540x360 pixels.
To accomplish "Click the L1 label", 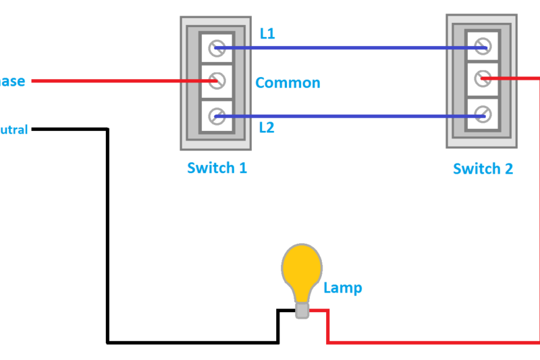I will coord(268,33).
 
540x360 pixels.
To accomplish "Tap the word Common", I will coord(288,83).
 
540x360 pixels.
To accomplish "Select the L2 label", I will coord(267,127).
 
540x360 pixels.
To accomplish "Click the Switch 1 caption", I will coord(217,168).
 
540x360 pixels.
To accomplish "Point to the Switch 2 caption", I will coord(483,169).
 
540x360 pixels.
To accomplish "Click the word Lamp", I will coord(343,288).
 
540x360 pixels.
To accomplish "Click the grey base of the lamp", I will coord(302,310).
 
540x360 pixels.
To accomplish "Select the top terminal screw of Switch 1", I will coord(217,48).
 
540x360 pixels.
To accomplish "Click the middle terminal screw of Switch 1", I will coord(217,81).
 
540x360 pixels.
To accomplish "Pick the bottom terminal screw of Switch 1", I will coord(217,116).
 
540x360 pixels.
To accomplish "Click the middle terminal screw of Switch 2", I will coord(482,79).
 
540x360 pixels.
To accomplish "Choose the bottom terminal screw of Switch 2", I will coord(482,115).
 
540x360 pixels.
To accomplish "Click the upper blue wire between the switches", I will coord(351,48).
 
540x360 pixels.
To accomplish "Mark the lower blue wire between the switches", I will coord(351,116).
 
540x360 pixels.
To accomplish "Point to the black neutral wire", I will coord(107,236).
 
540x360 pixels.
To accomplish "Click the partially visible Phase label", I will coord(12,82).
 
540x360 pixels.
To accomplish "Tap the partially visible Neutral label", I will coord(13,129).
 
